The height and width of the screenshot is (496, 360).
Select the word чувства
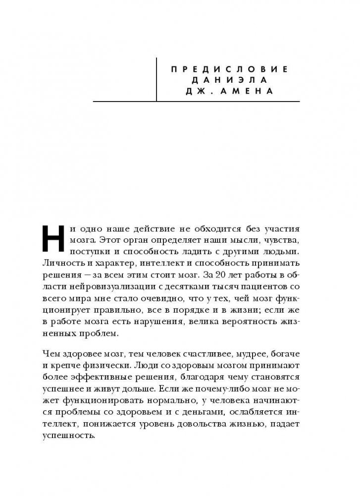click(297, 242)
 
